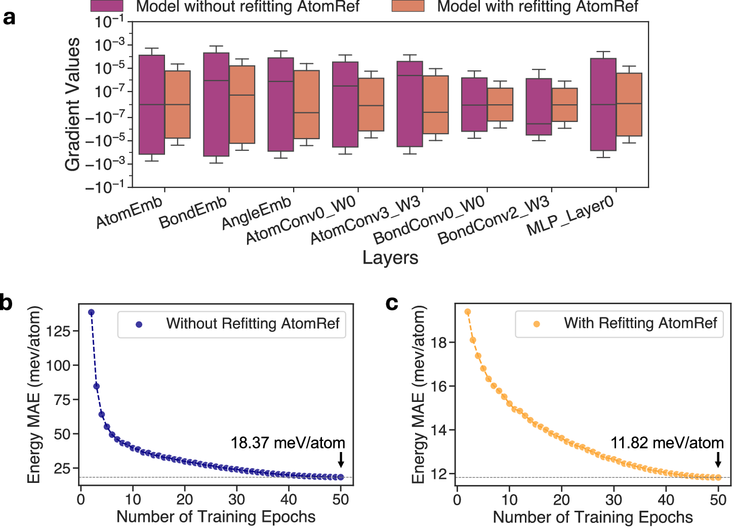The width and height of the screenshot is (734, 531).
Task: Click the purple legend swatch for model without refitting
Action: tap(107, 7)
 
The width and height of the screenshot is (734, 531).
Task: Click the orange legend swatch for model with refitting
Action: tap(407, 7)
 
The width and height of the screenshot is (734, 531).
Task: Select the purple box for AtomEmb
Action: tap(152, 105)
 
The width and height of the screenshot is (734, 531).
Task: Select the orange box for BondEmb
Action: tap(242, 105)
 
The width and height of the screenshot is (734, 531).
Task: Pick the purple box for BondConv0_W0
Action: tap(474, 105)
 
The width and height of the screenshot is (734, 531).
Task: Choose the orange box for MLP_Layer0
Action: tap(629, 105)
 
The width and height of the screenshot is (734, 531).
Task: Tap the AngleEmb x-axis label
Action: tap(257, 213)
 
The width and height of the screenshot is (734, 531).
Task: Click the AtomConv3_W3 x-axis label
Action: tap(365, 221)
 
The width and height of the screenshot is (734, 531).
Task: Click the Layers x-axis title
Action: tap(390, 258)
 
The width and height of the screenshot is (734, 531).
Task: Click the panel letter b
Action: tap(7, 303)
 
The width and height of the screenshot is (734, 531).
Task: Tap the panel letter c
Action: tap(392, 303)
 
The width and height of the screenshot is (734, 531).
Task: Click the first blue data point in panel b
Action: tap(92, 313)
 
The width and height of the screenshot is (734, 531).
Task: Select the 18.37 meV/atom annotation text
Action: tap(288, 443)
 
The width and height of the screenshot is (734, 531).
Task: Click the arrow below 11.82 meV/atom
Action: tap(718, 460)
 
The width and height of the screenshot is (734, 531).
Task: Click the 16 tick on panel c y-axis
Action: tap(438, 386)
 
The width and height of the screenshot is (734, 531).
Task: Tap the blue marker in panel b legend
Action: tap(139, 324)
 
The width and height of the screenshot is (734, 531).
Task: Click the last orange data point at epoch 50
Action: tap(718, 477)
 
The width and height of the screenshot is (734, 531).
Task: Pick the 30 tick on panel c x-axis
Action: tap(614, 500)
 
